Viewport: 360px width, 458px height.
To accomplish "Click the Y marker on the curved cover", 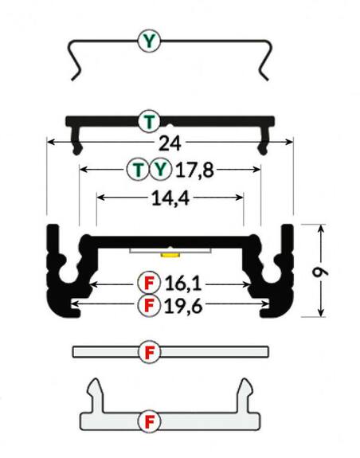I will coord(149,40).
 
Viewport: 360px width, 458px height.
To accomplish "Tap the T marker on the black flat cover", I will coord(149,121).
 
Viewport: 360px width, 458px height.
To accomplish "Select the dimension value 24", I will coord(169,143).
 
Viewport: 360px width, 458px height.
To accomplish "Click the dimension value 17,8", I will coord(195,169).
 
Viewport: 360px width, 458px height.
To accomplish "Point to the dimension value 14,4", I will coord(169,198).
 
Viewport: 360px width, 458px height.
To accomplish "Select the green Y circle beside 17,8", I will coord(161,169).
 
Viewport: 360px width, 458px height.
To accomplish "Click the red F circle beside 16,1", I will coord(149,283).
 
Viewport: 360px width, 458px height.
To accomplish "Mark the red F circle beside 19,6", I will coord(149,304).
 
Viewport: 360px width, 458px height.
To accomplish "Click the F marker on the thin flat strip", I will coord(149,352).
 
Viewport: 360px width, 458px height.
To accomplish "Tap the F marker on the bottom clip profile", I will coord(149,420).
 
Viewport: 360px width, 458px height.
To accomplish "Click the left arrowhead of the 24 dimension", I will coord(51,143).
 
